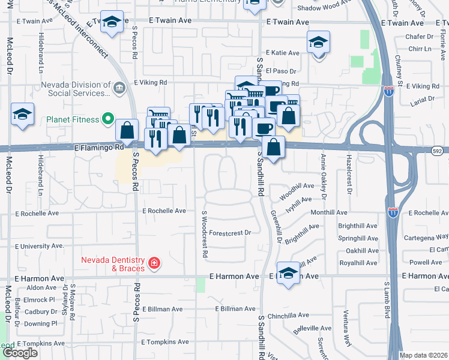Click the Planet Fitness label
click(73, 119)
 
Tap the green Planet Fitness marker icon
click(109, 119)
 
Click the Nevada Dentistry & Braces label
click(113, 264)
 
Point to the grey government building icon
click(119, 89)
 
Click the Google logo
click(19, 353)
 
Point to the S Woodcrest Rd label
click(205, 235)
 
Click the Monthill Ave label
click(329, 212)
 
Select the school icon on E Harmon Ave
click(288, 274)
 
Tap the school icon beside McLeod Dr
click(22, 114)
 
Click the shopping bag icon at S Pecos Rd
click(127, 130)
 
